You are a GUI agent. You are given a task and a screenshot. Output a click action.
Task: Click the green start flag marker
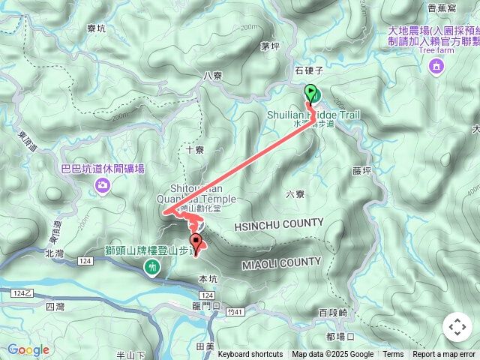(311, 94)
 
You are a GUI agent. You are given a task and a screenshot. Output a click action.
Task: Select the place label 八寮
(213, 76)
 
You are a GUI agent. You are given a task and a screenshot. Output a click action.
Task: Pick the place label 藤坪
(361, 171)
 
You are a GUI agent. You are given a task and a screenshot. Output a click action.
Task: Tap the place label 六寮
(295, 193)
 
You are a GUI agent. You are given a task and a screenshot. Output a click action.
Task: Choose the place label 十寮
(194, 150)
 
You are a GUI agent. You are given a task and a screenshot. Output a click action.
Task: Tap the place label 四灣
(55, 306)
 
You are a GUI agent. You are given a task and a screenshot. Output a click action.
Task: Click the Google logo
(28, 349)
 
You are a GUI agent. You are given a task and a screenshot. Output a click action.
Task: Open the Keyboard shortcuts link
(250, 355)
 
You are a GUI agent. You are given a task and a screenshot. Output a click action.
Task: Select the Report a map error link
(444, 355)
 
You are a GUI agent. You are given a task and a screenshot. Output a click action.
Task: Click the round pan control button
(457, 327)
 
